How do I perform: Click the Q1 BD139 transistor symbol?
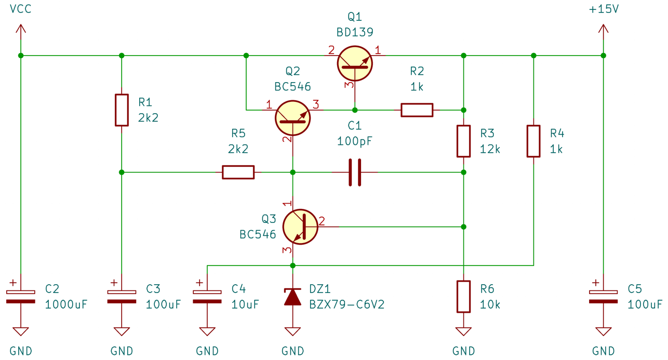[x=355, y=63]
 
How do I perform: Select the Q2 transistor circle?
[x=293, y=117]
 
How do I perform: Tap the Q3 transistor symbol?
[x=300, y=226]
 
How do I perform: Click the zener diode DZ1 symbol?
[x=292, y=297]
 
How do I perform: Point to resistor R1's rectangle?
[x=122, y=110]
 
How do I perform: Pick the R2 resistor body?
[x=417, y=110]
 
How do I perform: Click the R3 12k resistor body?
[x=463, y=141]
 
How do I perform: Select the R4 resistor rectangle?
[x=533, y=141]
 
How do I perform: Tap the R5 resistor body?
[x=238, y=172]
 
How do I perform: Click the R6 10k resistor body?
[x=463, y=297]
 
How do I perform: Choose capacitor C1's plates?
[x=355, y=172]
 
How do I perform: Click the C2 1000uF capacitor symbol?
[x=21, y=297]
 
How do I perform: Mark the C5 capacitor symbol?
[x=603, y=297]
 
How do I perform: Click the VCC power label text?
[x=21, y=9]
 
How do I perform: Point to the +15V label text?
[x=603, y=9]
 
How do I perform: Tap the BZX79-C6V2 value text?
[x=346, y=304]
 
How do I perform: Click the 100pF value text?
[x=355, y=141]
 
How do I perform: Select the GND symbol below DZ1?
[x=292, y=332]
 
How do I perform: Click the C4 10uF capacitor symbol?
[x=207, y=297]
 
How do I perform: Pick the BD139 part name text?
[x=355, y=32]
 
